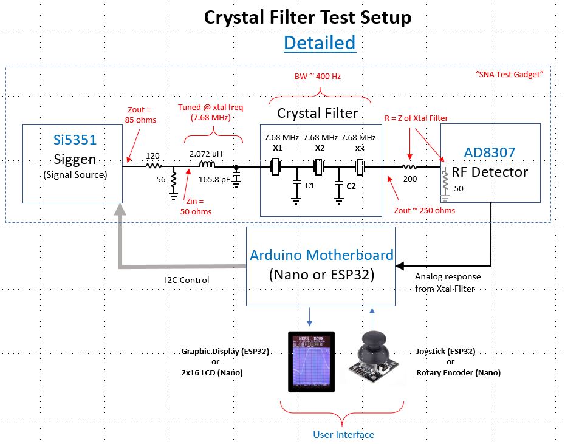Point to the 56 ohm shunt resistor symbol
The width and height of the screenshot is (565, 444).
coord(174,180)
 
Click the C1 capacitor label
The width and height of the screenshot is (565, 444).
coord(309,185)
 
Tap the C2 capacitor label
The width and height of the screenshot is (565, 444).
coord(351,186)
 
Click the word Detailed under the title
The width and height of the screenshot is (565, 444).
coord(319,43)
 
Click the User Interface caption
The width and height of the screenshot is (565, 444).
coord(343,434)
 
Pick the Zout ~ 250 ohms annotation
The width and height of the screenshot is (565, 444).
coord(425,210)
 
